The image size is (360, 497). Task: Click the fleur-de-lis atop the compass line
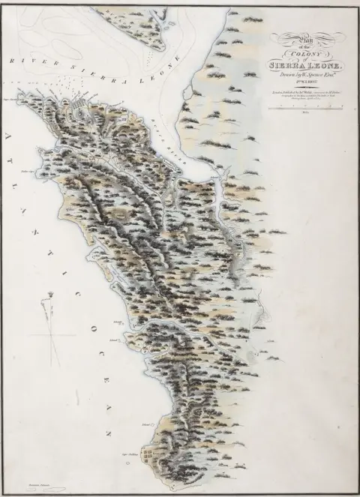coord(52,288)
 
